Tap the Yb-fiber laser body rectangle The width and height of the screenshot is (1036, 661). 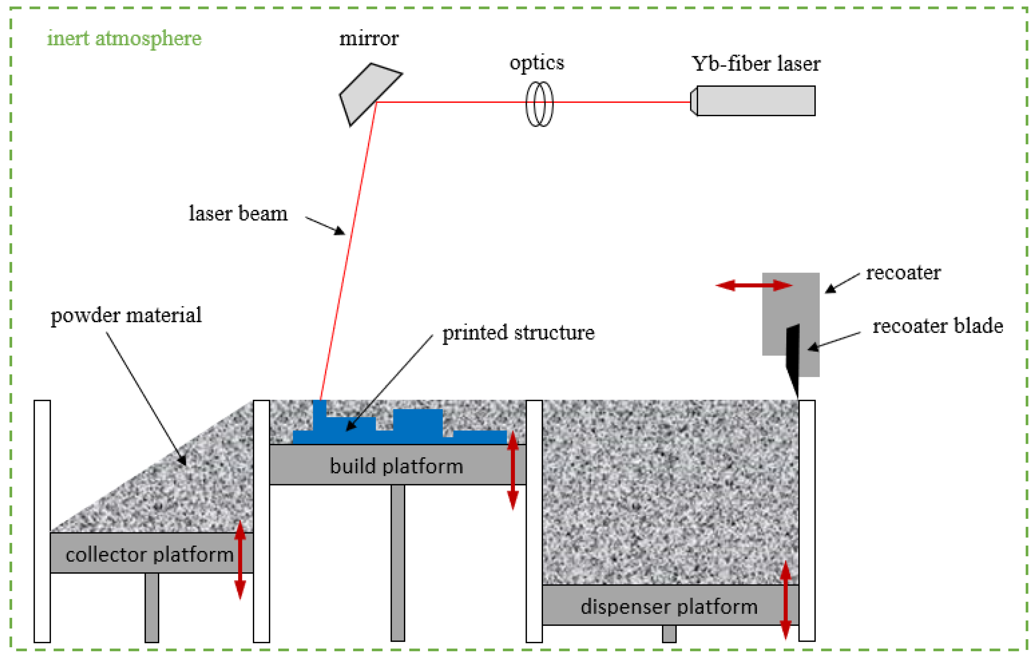pyautogui.click(x=756, y=101)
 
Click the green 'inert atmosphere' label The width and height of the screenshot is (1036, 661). pyautogui.click(x=124, y=39)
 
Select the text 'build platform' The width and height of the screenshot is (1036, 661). pyautogui.click(x=396, y=466)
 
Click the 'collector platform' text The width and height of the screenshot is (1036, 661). pyautogui.click(x=149, y=555)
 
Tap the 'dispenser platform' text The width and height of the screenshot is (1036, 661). pyautogui.click(x=669, y=607)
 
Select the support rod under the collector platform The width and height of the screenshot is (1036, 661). pyautogui.click(x=152, y=607)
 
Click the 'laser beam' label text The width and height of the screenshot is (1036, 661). pyautogui.click(x=238, y=214)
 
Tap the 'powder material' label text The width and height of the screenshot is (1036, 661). pyautogui.click(x=126, y=315)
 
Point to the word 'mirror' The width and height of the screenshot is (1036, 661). pyautogui.click(x=369, y=39)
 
